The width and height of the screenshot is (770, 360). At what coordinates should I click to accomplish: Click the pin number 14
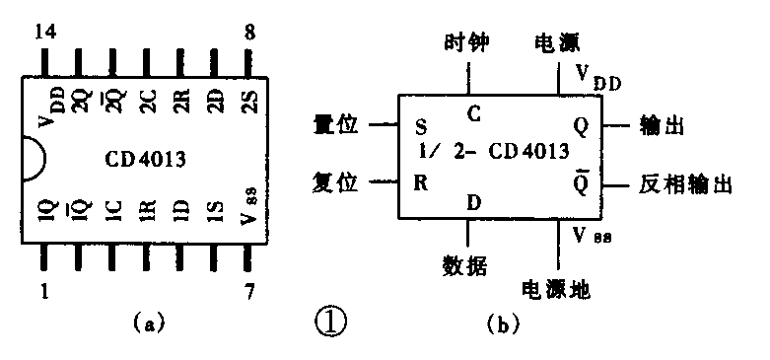click(x=43, y=31)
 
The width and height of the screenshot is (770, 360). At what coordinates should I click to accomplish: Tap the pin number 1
click(x=43, y=291)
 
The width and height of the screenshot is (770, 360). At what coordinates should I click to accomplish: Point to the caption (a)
click(x=147, y=323)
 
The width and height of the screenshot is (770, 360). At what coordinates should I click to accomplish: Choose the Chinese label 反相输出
click(x=686, y=184)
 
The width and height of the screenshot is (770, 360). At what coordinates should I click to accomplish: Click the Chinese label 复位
click(x=336, y=182)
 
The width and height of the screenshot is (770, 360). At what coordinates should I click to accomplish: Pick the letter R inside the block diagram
click(x=421, y=183)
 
